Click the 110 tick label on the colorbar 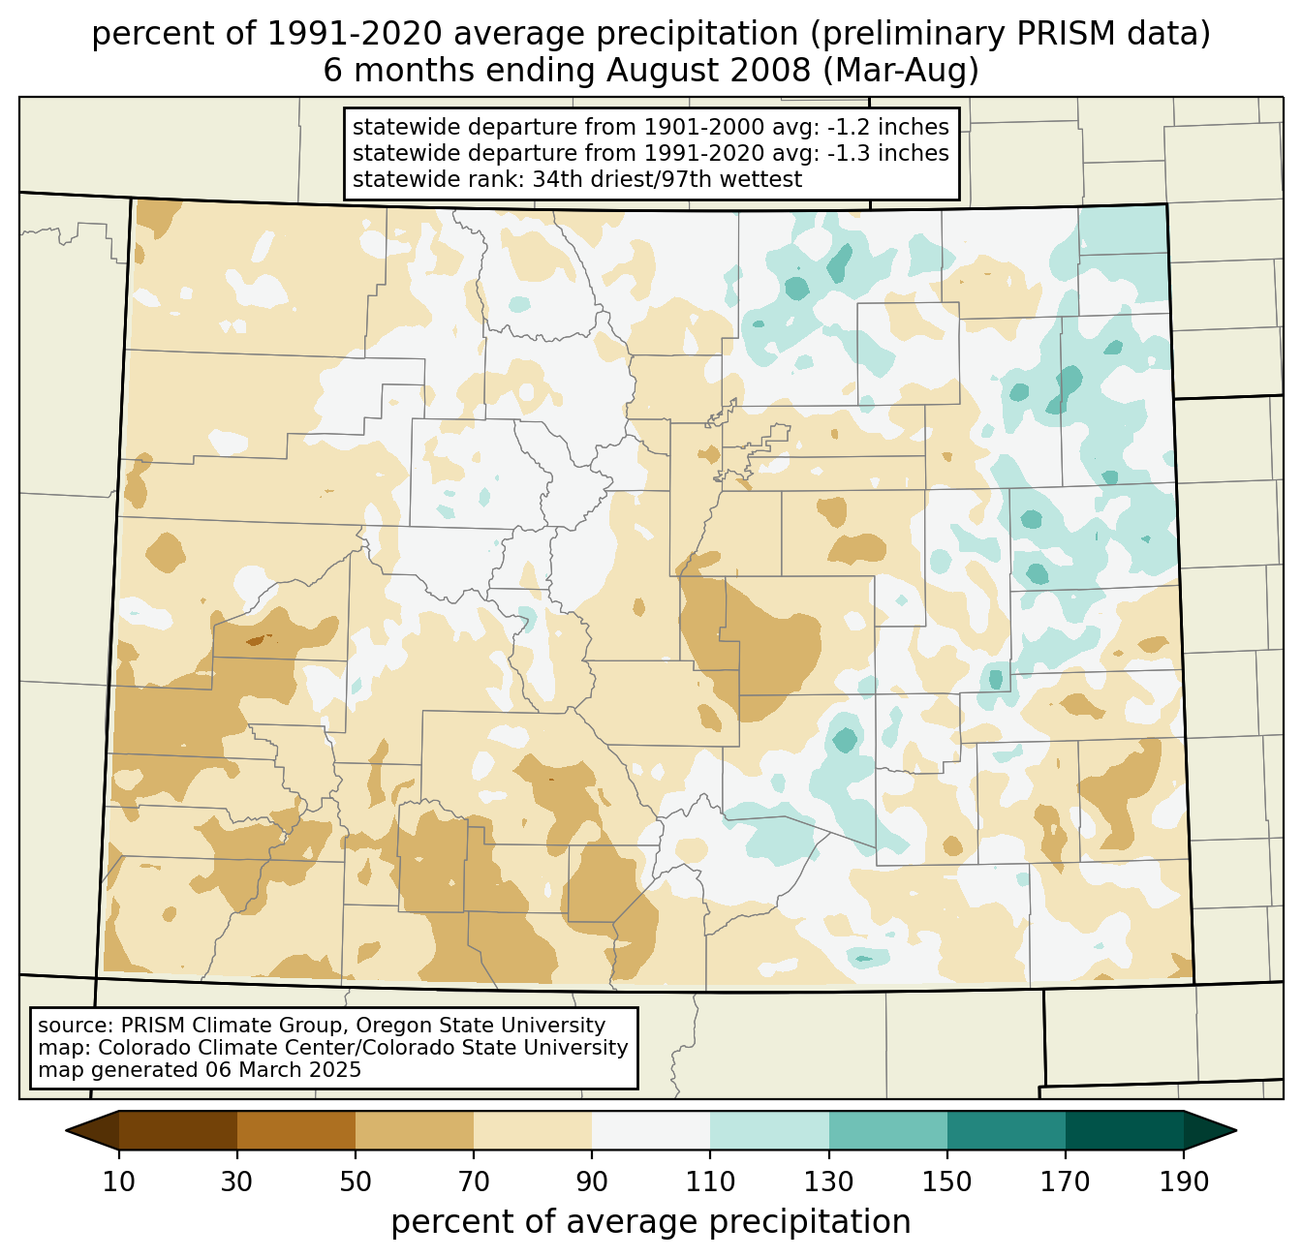pos(710,1181)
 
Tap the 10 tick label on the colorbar pos(119,1181)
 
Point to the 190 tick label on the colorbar pos(1184,1181)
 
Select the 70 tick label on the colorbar pos(474,1181)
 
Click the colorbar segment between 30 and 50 pos(296,1130)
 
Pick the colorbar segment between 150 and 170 pos(1007,1130)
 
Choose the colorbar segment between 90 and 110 pos(651,1130)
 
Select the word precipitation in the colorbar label pos(809,1222)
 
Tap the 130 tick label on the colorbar pos(829,1181)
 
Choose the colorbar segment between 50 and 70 pos(415,1130)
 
